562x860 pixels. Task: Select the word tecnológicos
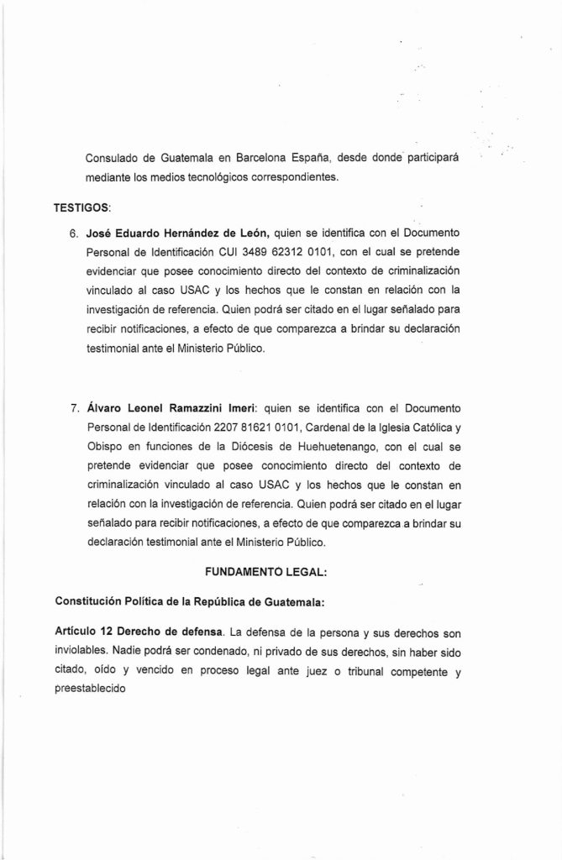point(218,177)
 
